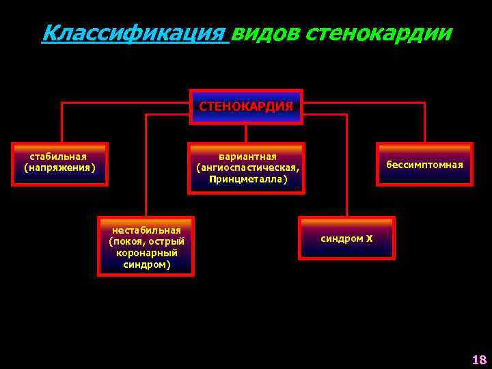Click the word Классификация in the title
coord(134,33)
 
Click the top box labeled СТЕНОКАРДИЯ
coord(246,107)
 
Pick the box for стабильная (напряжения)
coord(60,163)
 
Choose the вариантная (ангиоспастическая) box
coord(247,167)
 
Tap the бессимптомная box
coord(424,164)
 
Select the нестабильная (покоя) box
coord(146,246)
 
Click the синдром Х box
coord(346,238)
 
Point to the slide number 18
coord(478,359)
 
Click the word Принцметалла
coord(247,179)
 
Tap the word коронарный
coord(146,252)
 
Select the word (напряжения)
coord(60,167)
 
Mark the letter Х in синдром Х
coord(369,238)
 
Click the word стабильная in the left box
coord(60,155)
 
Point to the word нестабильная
coord(146,230)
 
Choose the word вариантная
coord(247,156)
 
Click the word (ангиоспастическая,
coord(247,167)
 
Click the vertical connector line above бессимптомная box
coord(424,123)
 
